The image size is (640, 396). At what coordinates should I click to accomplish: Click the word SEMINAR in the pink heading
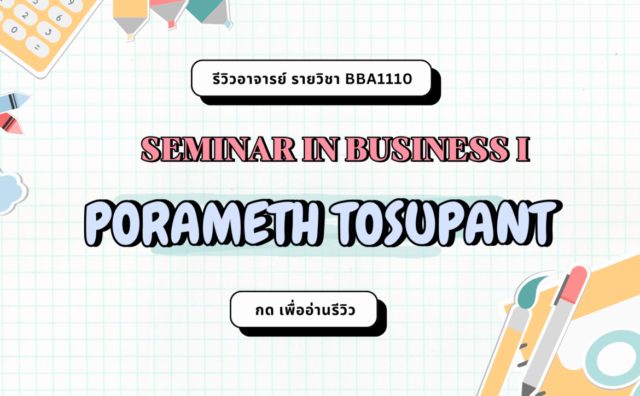tap(218, 149)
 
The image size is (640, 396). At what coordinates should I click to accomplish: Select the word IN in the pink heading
tap(321, 149)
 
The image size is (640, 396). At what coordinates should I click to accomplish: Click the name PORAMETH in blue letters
tap(202, 222)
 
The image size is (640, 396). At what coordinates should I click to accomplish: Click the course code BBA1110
tap(379, 79)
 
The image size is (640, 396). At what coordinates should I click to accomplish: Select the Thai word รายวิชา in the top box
tap(315, 78)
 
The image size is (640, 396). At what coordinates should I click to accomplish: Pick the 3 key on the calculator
tap(48, 32)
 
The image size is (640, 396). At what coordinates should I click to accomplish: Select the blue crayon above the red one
tap(14, 101)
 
